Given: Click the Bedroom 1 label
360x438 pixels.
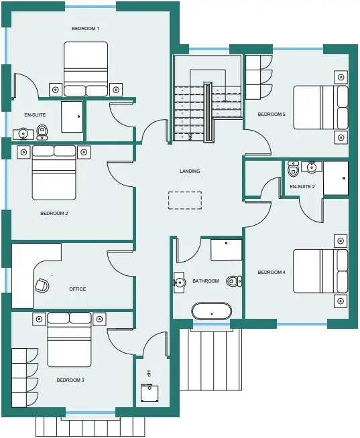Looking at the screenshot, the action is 86,29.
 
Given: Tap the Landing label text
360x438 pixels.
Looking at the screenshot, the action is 190,171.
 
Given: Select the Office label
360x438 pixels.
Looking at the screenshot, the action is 78,289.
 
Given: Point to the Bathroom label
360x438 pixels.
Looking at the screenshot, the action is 206,281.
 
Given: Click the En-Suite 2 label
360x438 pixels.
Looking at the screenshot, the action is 302,186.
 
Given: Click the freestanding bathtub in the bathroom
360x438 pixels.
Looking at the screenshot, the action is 212,311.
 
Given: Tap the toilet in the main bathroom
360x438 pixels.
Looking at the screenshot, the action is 235,281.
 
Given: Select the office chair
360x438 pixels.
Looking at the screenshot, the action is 42,285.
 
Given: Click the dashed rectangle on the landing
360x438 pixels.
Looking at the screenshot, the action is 185,200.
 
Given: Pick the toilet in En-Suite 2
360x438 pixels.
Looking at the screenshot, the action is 293,169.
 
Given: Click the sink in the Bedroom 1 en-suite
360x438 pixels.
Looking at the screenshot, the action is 23,134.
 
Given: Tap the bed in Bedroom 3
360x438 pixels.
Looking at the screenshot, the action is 69,340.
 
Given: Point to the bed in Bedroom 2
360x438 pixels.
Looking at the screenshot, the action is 54,173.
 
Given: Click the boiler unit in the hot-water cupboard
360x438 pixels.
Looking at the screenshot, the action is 149,393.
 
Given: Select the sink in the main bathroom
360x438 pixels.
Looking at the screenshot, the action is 179,282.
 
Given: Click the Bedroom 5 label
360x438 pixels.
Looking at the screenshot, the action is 272,115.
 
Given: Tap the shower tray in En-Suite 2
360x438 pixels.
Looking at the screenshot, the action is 336,178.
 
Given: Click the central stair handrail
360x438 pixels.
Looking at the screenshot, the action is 208,113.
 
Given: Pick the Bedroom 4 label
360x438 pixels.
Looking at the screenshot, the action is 272,272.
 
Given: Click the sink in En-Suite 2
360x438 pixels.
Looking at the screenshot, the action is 312,167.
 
